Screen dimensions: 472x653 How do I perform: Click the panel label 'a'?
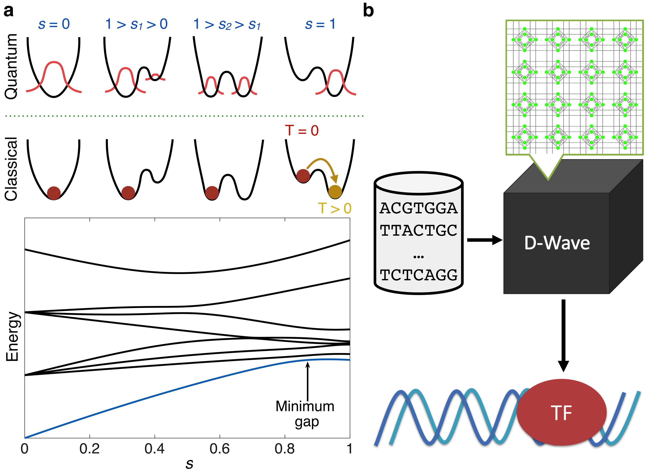[x=9, y=12]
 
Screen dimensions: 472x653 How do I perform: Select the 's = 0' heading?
[x=54, y=24]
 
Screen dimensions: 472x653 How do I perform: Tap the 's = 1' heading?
[x=320, y=24]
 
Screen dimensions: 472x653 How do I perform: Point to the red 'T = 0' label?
[x=302, y=131]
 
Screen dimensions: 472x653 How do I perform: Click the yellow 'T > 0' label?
[x=335, y=209]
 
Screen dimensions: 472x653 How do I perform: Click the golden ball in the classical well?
[x=335, y=192]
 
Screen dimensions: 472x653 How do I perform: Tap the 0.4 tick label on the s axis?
[x=155, y=449]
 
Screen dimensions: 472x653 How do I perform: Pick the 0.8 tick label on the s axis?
[x=284, y=449]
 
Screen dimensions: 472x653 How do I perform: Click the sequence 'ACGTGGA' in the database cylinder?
[x=418, y=208]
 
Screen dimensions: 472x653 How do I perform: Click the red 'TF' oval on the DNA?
[x=561, y=412]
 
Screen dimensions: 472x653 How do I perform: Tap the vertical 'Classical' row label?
[x=12, y=169]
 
